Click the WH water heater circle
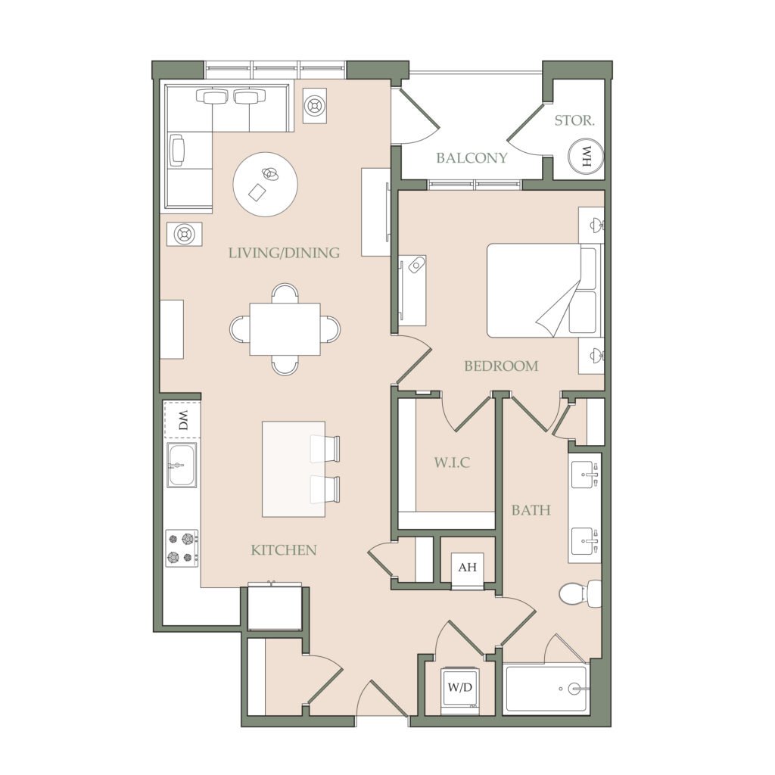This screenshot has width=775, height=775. (587, 156)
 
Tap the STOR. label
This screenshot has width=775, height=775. (574, 120)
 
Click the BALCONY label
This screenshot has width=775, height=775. (472, 157)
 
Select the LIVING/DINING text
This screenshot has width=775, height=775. (284, 253)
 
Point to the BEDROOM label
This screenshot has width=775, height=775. (501, 366)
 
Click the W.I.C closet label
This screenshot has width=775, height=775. (452, 462)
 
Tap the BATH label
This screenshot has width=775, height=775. (531, 510)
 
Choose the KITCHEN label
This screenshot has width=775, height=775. (284, 550)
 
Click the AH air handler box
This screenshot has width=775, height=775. (468, 567)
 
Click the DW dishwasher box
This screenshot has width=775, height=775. (183, 420)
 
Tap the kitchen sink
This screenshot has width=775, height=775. (182, 465)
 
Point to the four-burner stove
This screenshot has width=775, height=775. (182, 548)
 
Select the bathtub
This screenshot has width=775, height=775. (546, 688)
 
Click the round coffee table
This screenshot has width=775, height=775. (266, 184)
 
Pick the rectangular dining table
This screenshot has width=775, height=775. (285, 329)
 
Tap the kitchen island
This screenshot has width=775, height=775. (294, 469)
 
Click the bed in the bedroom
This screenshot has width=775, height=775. (544, 291)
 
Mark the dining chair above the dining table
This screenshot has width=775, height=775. (285, 293)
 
